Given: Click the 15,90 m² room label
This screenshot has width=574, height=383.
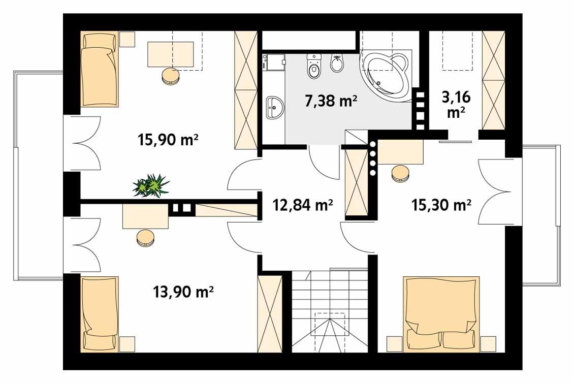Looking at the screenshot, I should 168,139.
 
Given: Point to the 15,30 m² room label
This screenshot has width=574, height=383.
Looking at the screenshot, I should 441,205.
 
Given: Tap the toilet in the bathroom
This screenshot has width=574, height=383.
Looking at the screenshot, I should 314,67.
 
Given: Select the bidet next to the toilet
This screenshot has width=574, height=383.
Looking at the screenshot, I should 336,66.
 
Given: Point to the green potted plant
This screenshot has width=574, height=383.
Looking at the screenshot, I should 151,185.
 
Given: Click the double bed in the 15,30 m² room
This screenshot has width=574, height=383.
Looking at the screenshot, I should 441,314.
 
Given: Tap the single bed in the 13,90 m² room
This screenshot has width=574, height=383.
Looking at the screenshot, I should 100,314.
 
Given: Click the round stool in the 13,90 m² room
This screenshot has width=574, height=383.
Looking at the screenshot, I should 145,237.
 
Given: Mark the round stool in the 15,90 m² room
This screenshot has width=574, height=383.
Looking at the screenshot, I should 171,76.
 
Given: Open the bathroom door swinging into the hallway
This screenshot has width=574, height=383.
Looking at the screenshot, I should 324,163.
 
